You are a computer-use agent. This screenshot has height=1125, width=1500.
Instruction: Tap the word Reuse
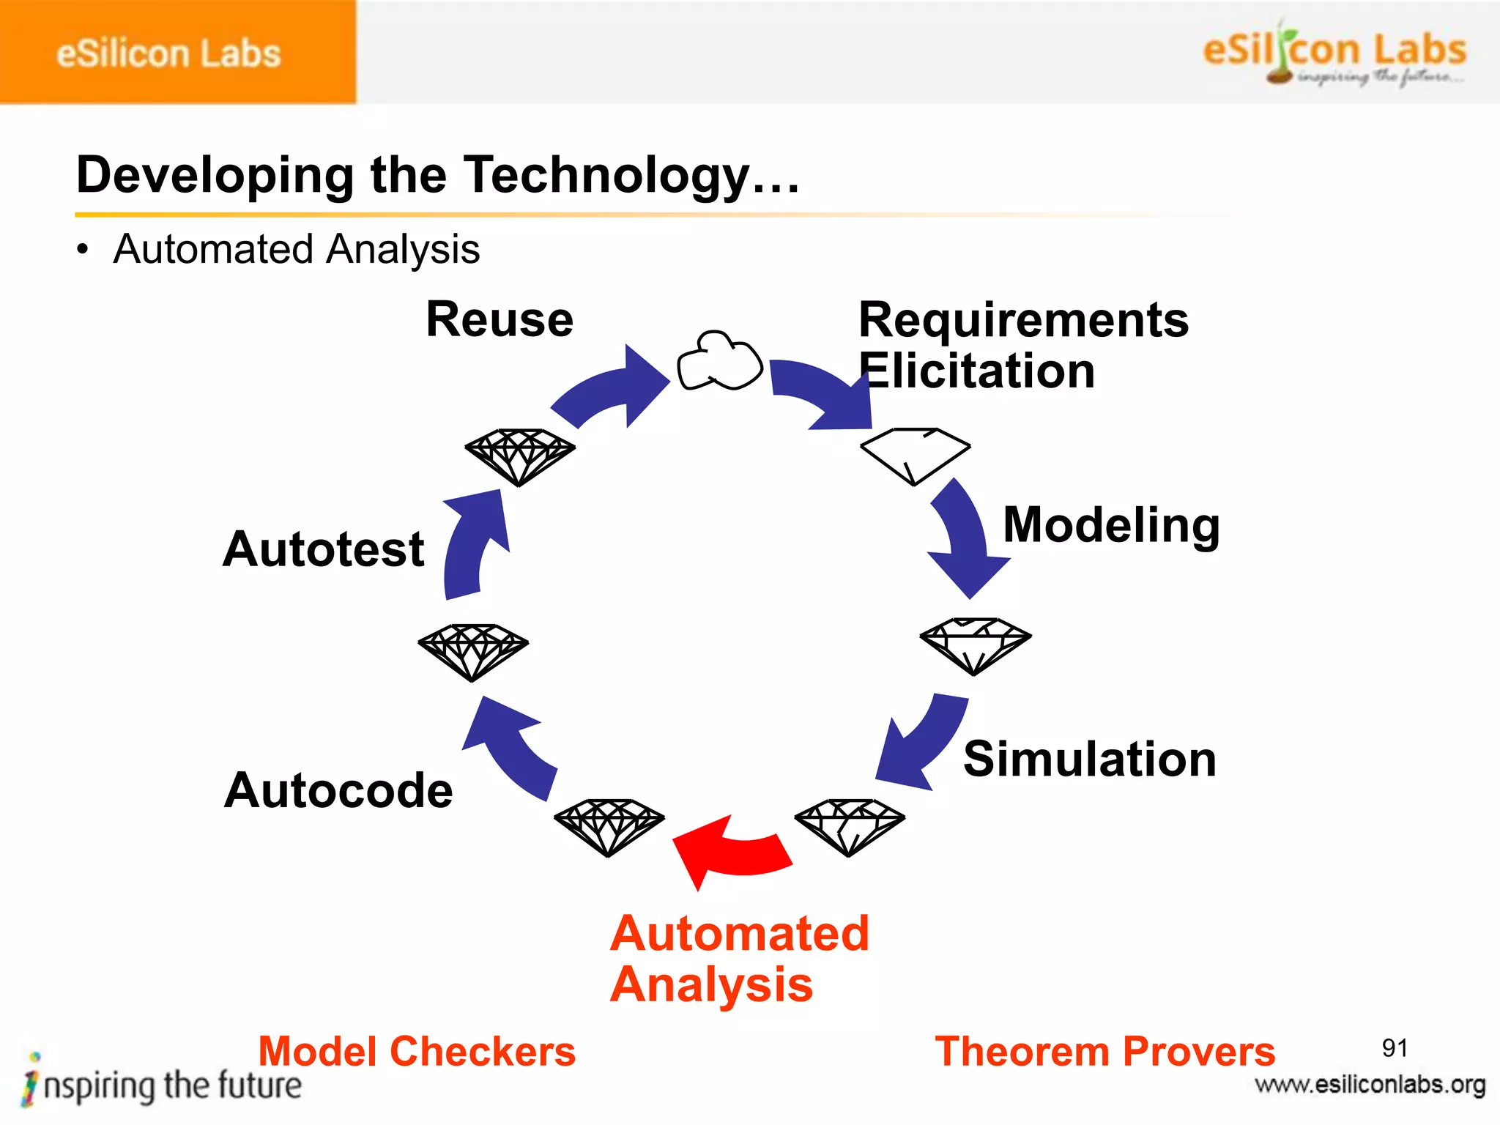point(500,319)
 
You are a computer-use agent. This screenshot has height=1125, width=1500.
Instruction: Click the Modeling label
point(1110,525)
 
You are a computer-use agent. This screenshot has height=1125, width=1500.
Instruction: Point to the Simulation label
point(1089,759)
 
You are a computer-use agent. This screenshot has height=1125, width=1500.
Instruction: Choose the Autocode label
point(338,790)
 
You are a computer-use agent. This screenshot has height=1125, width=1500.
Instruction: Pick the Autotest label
point(323,549)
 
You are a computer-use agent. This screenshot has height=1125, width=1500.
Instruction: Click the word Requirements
point(1023,320)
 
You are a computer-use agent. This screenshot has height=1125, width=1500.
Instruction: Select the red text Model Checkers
point(417,1052)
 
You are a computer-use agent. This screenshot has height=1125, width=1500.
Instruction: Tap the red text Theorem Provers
point(1104,1052)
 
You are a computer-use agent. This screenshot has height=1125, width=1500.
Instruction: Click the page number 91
point(1394,1048)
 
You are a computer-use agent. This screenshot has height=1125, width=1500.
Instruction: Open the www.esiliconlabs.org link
point(1370,1085)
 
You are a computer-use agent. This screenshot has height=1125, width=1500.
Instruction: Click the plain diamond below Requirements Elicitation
point(914,454)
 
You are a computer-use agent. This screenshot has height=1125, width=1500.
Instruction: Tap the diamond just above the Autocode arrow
point(473,650)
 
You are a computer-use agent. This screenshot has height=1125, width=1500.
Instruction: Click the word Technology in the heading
point(608,176)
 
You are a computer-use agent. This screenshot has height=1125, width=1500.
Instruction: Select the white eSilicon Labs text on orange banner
point(168,53)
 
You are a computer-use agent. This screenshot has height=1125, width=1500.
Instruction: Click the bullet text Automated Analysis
point(297,249)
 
